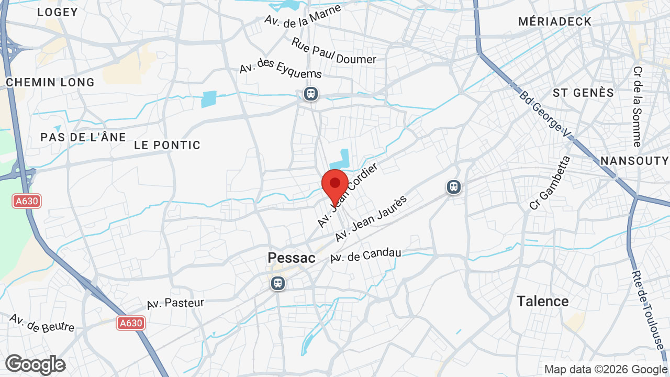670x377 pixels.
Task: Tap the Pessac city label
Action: (292, 258)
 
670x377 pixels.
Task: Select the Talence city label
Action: (542, 301)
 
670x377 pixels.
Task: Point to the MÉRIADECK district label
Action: (555, 21)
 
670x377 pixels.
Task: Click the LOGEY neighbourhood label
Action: (58, 12)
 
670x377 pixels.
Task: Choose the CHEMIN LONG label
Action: (50, 82)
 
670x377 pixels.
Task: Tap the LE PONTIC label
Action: (167, 145)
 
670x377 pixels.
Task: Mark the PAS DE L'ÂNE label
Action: (83, 137)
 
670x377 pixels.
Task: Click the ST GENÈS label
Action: (583, 93)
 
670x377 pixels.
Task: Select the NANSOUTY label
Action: (634, 160)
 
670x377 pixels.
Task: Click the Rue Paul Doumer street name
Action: (333, 51)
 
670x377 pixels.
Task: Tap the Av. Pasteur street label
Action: (175, 303)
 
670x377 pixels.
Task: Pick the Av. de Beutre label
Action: (42, 323)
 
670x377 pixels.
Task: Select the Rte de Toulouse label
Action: (647, 309)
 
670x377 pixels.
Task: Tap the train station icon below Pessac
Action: (277, 283)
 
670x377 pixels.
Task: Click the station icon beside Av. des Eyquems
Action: (311, 94)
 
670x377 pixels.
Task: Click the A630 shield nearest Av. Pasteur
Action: (130, 323)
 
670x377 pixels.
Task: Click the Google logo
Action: (35, 364)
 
